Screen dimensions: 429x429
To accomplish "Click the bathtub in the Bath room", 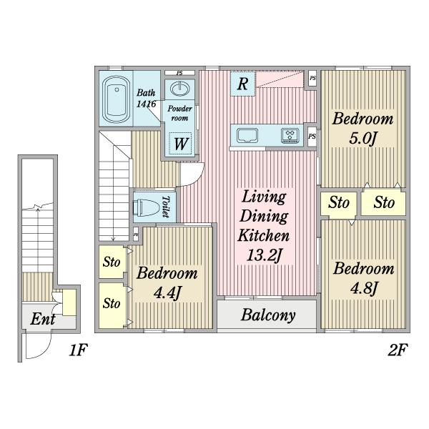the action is point(116,99).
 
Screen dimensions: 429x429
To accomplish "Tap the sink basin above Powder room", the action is point(179,89).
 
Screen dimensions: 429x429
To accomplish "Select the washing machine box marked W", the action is point(181,144).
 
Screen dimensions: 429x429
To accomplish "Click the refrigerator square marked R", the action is point(242,84).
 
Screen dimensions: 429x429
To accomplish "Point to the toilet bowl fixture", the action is point(146,207).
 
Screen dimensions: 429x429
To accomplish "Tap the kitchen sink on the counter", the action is point(247,135).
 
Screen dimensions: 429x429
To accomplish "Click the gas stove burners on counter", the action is point(290,136).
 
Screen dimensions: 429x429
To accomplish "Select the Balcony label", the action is point(268,315).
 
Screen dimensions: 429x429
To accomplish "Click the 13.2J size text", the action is point(265,255).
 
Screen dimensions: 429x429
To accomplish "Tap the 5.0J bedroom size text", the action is point(363,138).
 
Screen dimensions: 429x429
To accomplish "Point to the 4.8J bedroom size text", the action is point(364,288).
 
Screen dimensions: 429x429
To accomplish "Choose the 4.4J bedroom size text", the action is point(167,292).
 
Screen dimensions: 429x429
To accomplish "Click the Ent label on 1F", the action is point(43,319).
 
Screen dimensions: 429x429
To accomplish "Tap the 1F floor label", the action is point(78,350).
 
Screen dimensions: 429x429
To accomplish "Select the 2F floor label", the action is point(398,350).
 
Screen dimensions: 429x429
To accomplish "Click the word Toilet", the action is point(166,207).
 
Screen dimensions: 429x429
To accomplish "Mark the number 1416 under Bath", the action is point(146,104).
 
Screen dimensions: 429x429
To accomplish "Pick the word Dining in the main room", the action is point(264,216).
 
